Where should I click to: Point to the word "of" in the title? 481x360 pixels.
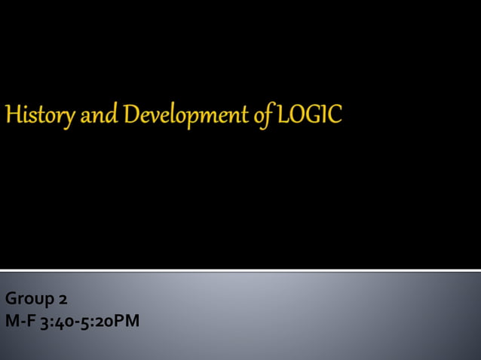tap(264, 116)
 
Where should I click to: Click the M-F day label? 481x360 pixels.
tap(18, 321)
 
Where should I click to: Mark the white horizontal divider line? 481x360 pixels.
tap(240, 270)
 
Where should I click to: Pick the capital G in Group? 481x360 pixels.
tap(11, 299)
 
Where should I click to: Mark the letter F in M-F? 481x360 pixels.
tap(29, 321)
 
